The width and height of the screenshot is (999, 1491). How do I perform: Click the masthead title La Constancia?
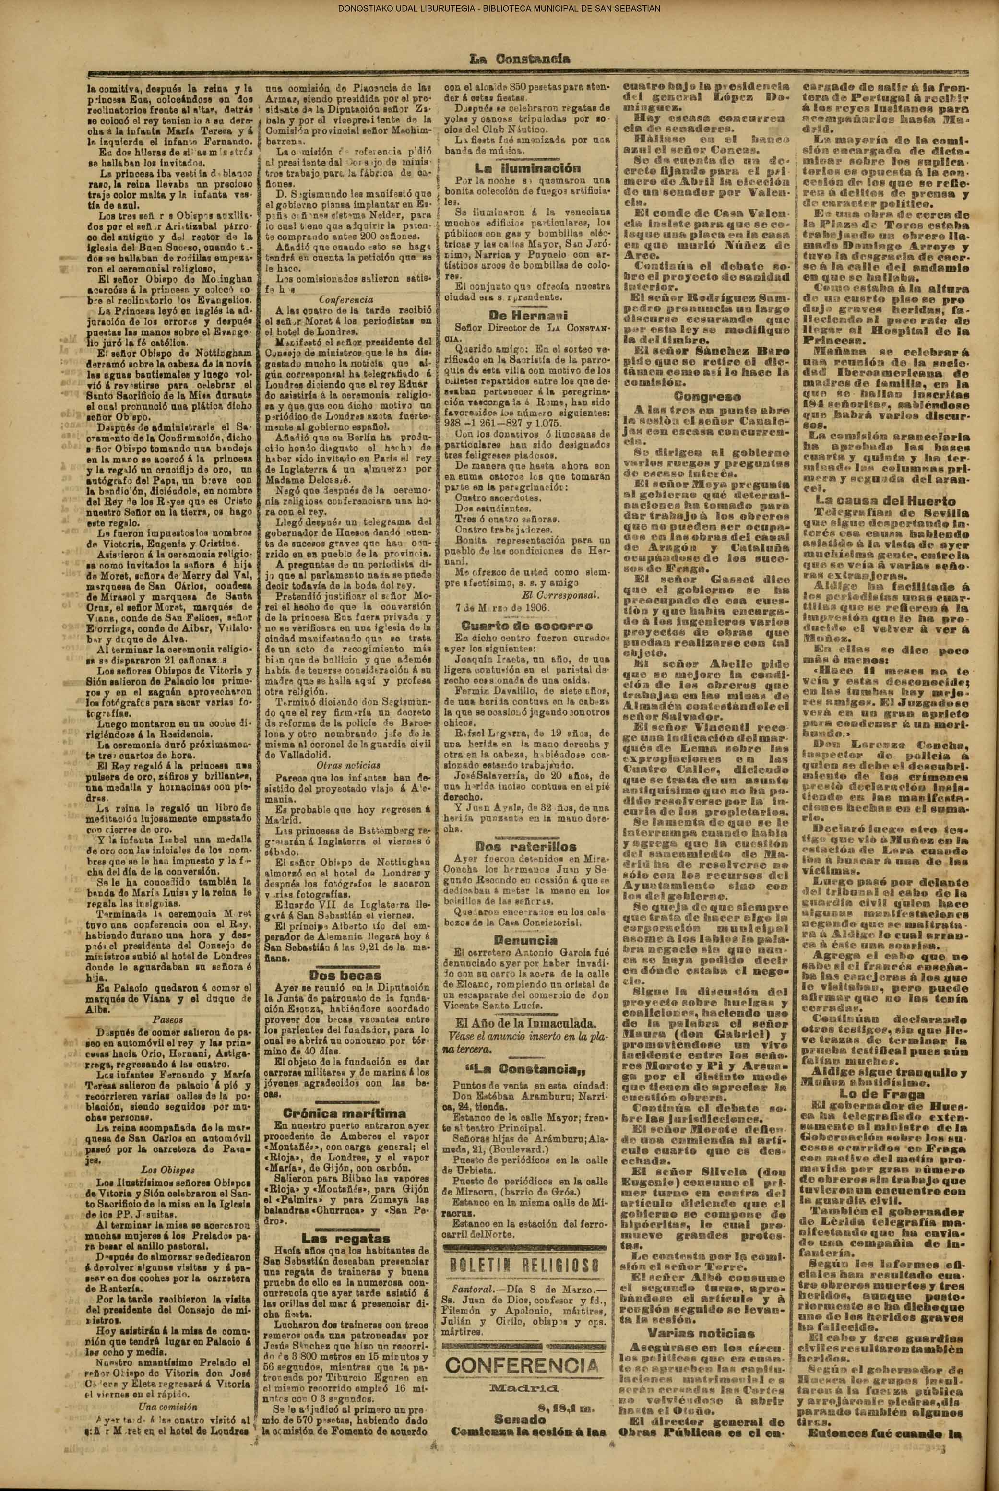(x=519, y=60)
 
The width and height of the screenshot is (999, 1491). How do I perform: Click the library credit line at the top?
(x=499, y=8)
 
